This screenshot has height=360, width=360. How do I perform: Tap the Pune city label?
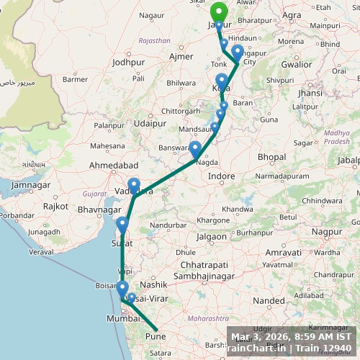[x=156, y=335]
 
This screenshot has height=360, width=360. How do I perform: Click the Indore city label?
[x=220, y=176]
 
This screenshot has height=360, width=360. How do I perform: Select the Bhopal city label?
[x=271, y=156]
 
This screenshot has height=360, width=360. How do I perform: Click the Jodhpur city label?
[x=129, y=63]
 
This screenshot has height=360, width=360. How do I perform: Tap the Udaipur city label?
[x=150, y=123]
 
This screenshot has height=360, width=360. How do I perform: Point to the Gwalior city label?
[x=296, y=64]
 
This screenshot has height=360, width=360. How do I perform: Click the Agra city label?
[x=292, y=14]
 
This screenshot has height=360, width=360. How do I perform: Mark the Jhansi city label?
[x=310, y=93]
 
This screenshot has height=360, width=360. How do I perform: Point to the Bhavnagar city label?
[x=96, y=210]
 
